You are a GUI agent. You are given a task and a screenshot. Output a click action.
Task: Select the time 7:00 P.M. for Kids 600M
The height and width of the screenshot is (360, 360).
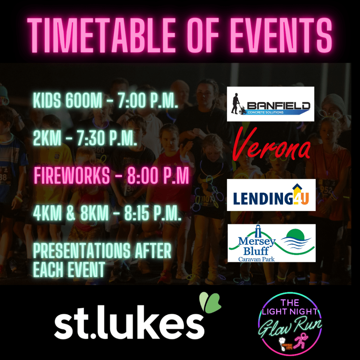tap(148, 100)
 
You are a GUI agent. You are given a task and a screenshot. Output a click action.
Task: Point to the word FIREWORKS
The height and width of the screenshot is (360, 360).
tap(72, 175)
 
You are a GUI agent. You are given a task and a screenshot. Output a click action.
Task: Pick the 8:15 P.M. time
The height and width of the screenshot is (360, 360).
tap(153, 213)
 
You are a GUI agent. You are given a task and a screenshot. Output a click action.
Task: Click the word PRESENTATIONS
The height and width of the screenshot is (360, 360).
tap(82, 251)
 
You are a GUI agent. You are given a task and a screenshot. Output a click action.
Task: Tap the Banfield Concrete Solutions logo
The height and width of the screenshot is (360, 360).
tap(270, 104)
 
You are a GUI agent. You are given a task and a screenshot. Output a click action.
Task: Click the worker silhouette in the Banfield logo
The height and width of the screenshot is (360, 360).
tap(237, 104)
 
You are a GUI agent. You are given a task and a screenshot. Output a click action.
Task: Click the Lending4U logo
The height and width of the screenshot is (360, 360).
tap(271, 195)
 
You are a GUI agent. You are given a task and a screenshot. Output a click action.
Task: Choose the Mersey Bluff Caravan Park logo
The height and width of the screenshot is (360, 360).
tap(271, 243)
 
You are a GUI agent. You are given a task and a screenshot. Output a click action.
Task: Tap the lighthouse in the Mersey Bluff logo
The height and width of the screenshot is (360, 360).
tap(258, 231)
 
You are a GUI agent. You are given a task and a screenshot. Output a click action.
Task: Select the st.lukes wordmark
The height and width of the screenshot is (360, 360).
tap(129, 322)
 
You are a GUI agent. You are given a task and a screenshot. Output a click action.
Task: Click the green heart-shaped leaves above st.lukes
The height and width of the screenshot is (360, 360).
tap(210, 302)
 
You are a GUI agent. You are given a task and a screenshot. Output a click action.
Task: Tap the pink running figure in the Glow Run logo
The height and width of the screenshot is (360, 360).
tap(301, 340)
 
